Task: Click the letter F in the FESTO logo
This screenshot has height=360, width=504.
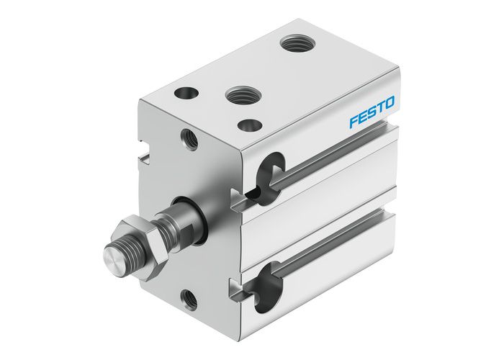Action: click(x=354, y=122)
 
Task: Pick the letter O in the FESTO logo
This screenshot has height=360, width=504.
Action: click(x=390, y=106)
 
